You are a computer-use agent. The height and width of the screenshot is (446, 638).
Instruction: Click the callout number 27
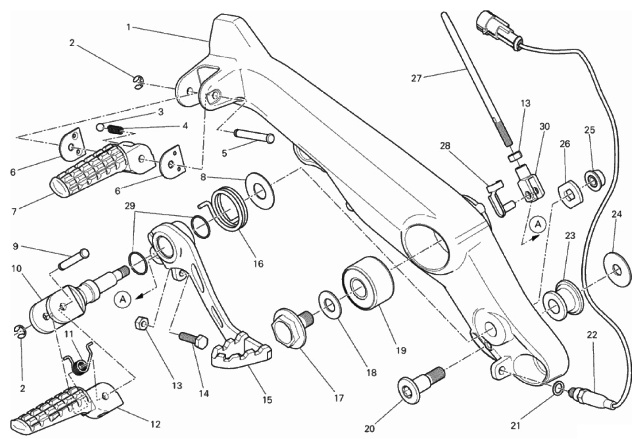(x=417, y=78)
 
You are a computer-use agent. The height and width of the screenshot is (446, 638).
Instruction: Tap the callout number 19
(x=401, y=350)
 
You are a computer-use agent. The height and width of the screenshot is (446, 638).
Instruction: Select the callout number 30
(x=544, y=127)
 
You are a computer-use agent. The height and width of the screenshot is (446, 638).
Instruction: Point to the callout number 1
(x=128, y=27)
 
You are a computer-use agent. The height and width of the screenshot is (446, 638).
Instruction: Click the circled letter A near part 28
(x=538, y=225)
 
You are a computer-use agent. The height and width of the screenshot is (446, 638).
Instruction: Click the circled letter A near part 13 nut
(x=123, y=299)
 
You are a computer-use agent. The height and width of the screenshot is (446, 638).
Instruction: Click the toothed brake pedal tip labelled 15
(x=241, y=350)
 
